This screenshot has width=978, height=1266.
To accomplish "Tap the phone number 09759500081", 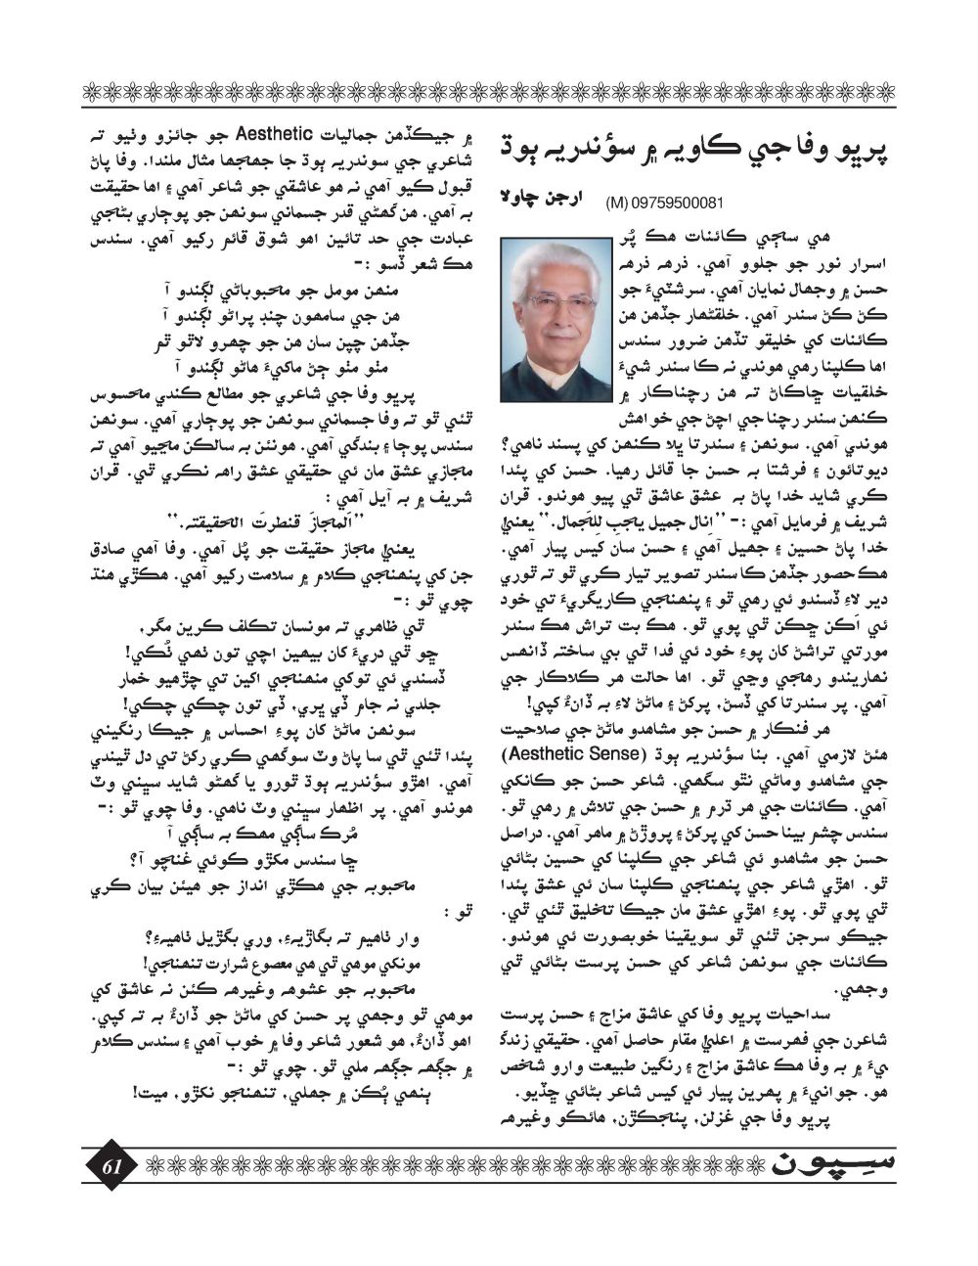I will pos(684,203).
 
